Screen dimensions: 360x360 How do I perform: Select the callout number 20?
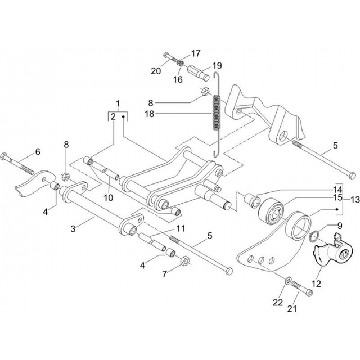(x=156, y=71)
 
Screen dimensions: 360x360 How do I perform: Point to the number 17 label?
(x=195, y=54)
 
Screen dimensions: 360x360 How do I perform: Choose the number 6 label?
(x=38, y=151)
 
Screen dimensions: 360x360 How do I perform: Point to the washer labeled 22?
(x=288, y=280)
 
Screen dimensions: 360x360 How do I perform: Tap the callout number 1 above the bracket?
(x=118, y=103)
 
